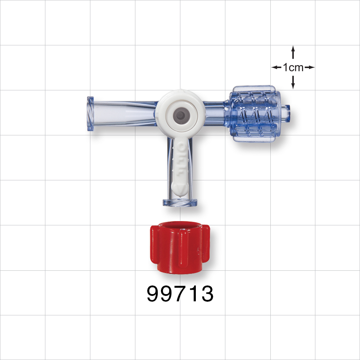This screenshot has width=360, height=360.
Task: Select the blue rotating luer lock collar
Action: click(256, 113)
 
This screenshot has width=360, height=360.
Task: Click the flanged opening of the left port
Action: click(90, 115)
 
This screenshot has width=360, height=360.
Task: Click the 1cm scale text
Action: click(293, 67)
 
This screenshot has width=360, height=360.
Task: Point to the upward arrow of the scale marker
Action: click(293, 50)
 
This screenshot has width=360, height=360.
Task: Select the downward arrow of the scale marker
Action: click(293, 84)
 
